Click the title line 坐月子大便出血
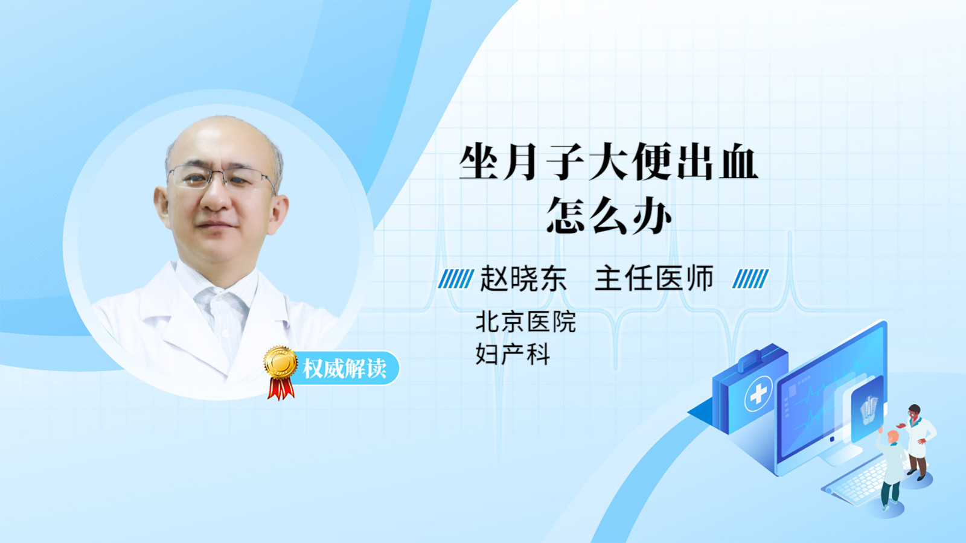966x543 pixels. coord(609,162)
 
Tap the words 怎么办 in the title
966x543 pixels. coord(609,215)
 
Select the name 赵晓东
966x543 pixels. coord(523,279)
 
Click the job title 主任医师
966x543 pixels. coord(654,279)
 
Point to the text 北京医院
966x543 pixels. coord(526,322)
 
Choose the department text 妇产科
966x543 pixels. coord(513,354)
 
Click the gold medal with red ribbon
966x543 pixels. coord(281,372)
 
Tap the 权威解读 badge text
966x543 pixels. coord(344,369)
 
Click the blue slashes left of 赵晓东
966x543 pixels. coord(456,279)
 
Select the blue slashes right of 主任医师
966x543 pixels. coord(750,279)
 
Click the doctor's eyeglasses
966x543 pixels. coord(221,177)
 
